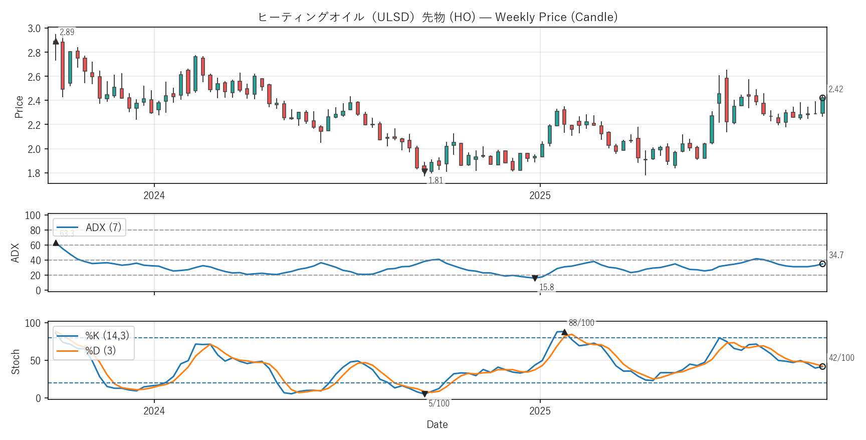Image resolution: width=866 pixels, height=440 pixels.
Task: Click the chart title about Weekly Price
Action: click(437, 17)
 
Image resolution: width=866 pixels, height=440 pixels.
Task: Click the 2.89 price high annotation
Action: click(67, 32)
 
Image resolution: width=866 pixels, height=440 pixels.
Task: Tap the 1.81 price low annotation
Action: click(436, 180)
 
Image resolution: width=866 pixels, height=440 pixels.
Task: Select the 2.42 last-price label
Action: click(835, 89)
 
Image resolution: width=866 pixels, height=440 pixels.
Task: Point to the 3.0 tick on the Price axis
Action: click(34, 29)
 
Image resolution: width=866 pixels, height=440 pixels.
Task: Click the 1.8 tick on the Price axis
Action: click(34, 173)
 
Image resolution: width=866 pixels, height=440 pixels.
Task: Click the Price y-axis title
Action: click(19, 107)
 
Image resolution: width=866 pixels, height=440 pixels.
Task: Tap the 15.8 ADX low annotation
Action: click(546, 287)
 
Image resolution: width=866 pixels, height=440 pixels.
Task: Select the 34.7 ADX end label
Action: click(836, 255)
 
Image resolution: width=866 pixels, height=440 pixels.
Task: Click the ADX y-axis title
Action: click(15, 253)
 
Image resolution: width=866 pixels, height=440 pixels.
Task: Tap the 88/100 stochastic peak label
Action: click(581, 323)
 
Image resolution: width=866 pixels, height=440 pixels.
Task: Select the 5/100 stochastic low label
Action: click(439, 403)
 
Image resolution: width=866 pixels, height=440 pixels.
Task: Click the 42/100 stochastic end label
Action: click(841, 358)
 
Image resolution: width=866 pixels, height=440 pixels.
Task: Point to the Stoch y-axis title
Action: click(15, 361)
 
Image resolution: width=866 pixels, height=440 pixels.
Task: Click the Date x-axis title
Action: click(437, 424)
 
